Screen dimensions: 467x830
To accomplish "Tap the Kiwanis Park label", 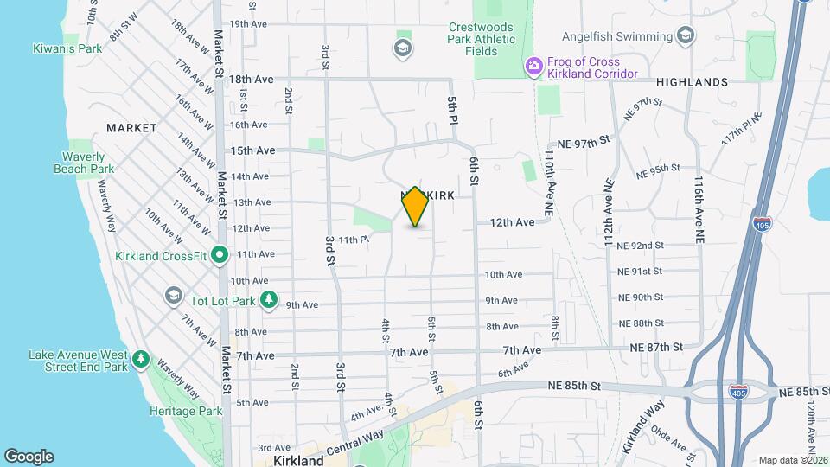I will tap(67, 48).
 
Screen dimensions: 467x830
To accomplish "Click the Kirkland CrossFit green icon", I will tap(220, 255).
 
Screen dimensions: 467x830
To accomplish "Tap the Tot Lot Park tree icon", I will tap(270, 299).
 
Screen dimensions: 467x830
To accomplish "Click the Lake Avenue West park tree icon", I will tap(139, 358).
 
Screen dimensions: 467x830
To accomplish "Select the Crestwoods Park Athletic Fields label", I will tap(481, 39).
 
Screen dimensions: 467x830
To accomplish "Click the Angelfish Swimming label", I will tap(616, 37).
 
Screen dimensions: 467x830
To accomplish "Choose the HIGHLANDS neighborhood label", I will tap(692, 81).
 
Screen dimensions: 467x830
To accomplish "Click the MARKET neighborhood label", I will tap(131, 128).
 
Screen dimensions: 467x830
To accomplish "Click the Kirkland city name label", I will tap(298, 461).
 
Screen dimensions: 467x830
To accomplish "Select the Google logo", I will tap(29, 457).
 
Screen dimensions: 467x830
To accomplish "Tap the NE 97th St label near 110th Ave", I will tap(584, 140).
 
